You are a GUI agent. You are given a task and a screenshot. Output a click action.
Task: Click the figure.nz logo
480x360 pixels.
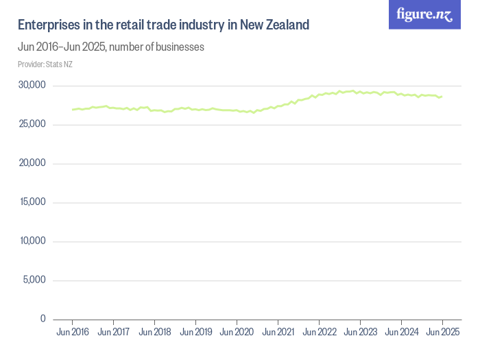pyautogui.click(x=424, y=14)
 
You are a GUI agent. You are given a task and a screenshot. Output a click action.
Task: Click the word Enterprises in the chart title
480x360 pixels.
pyautogui.click(x=47, y=25)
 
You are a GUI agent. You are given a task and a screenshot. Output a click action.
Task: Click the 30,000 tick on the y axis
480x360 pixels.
pyautogui.click(x=32, y=86)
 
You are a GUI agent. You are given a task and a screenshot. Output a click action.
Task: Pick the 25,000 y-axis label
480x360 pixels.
pyautogui.click(x=32, y=124)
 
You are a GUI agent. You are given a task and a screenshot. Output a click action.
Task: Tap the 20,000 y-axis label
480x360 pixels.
pyautogui.click(x=32, y=163)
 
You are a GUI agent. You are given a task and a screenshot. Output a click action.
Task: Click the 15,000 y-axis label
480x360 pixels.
pyautogui.click(x=32, y=202)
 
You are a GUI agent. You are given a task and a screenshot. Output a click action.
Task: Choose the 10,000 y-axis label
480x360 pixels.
pyautogui.click(x=32, y=241)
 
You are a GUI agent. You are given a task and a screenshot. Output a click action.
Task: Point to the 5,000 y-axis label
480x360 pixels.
pyautogui.click(x=34, y=280)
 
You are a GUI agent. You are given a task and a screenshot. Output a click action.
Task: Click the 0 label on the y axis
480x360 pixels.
pyautogui.click(x=43, y=319)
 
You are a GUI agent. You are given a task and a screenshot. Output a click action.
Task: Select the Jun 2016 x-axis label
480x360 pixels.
pyautogui.click(x=72, y=333)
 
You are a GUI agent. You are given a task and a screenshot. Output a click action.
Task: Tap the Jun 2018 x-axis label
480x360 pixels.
pyautogui.click(x=154, y=333)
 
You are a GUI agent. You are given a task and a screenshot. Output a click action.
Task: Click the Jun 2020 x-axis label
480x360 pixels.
pyautogui.click(x=237, y=333)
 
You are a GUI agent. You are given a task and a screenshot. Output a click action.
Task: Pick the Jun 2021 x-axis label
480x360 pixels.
pyautogui.click(x=278, y=333)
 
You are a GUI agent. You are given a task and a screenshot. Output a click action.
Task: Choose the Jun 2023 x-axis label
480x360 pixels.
pyautogui.click(x=360, y=333)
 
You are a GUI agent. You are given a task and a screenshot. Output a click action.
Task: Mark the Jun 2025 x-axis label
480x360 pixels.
pyautogui.click(x=442, y=333)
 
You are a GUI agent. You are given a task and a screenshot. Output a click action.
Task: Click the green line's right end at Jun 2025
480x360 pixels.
pyautogui.click(x=442, y=97)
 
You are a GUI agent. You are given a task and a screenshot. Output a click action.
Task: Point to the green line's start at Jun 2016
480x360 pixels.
pyautogui.click(x=72, y=110)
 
